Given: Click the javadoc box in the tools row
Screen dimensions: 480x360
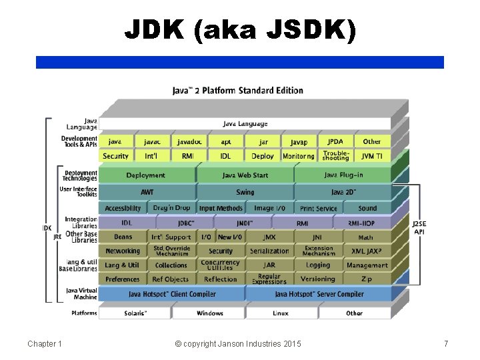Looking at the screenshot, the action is (x=189, y=141).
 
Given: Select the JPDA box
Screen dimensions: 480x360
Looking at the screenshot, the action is (x=335, y=141).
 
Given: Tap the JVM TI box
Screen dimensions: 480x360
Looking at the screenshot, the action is (x=372, y=156).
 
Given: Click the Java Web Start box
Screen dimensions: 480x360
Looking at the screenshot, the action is (x=244, y=175).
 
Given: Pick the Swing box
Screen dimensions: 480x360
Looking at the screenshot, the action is (x=244, y=192).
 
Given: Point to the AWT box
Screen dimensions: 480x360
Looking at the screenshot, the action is (x=146, y=192).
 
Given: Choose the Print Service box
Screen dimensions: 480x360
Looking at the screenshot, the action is (x=318, y=209).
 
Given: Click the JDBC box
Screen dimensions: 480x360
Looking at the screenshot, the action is (x=186, y=223).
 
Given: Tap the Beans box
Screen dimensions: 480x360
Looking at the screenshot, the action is (x=123, y=237).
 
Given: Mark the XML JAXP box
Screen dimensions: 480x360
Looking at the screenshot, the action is (x=366, y=251).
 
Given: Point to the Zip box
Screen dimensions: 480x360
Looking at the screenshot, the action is (x=365, y=279).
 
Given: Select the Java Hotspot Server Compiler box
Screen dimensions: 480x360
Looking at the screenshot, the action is (x=319, y=294).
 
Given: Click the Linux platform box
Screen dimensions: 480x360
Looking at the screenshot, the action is (x=281, y=313).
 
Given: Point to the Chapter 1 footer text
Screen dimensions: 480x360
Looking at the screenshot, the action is (x=45, y=343).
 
